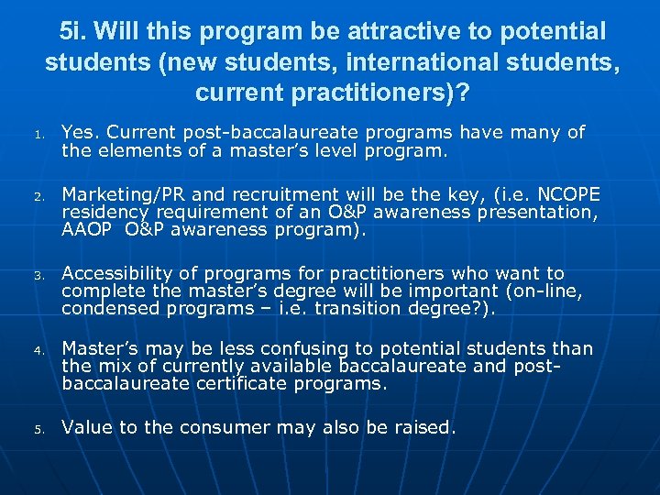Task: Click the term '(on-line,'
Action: click(544, 291)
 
